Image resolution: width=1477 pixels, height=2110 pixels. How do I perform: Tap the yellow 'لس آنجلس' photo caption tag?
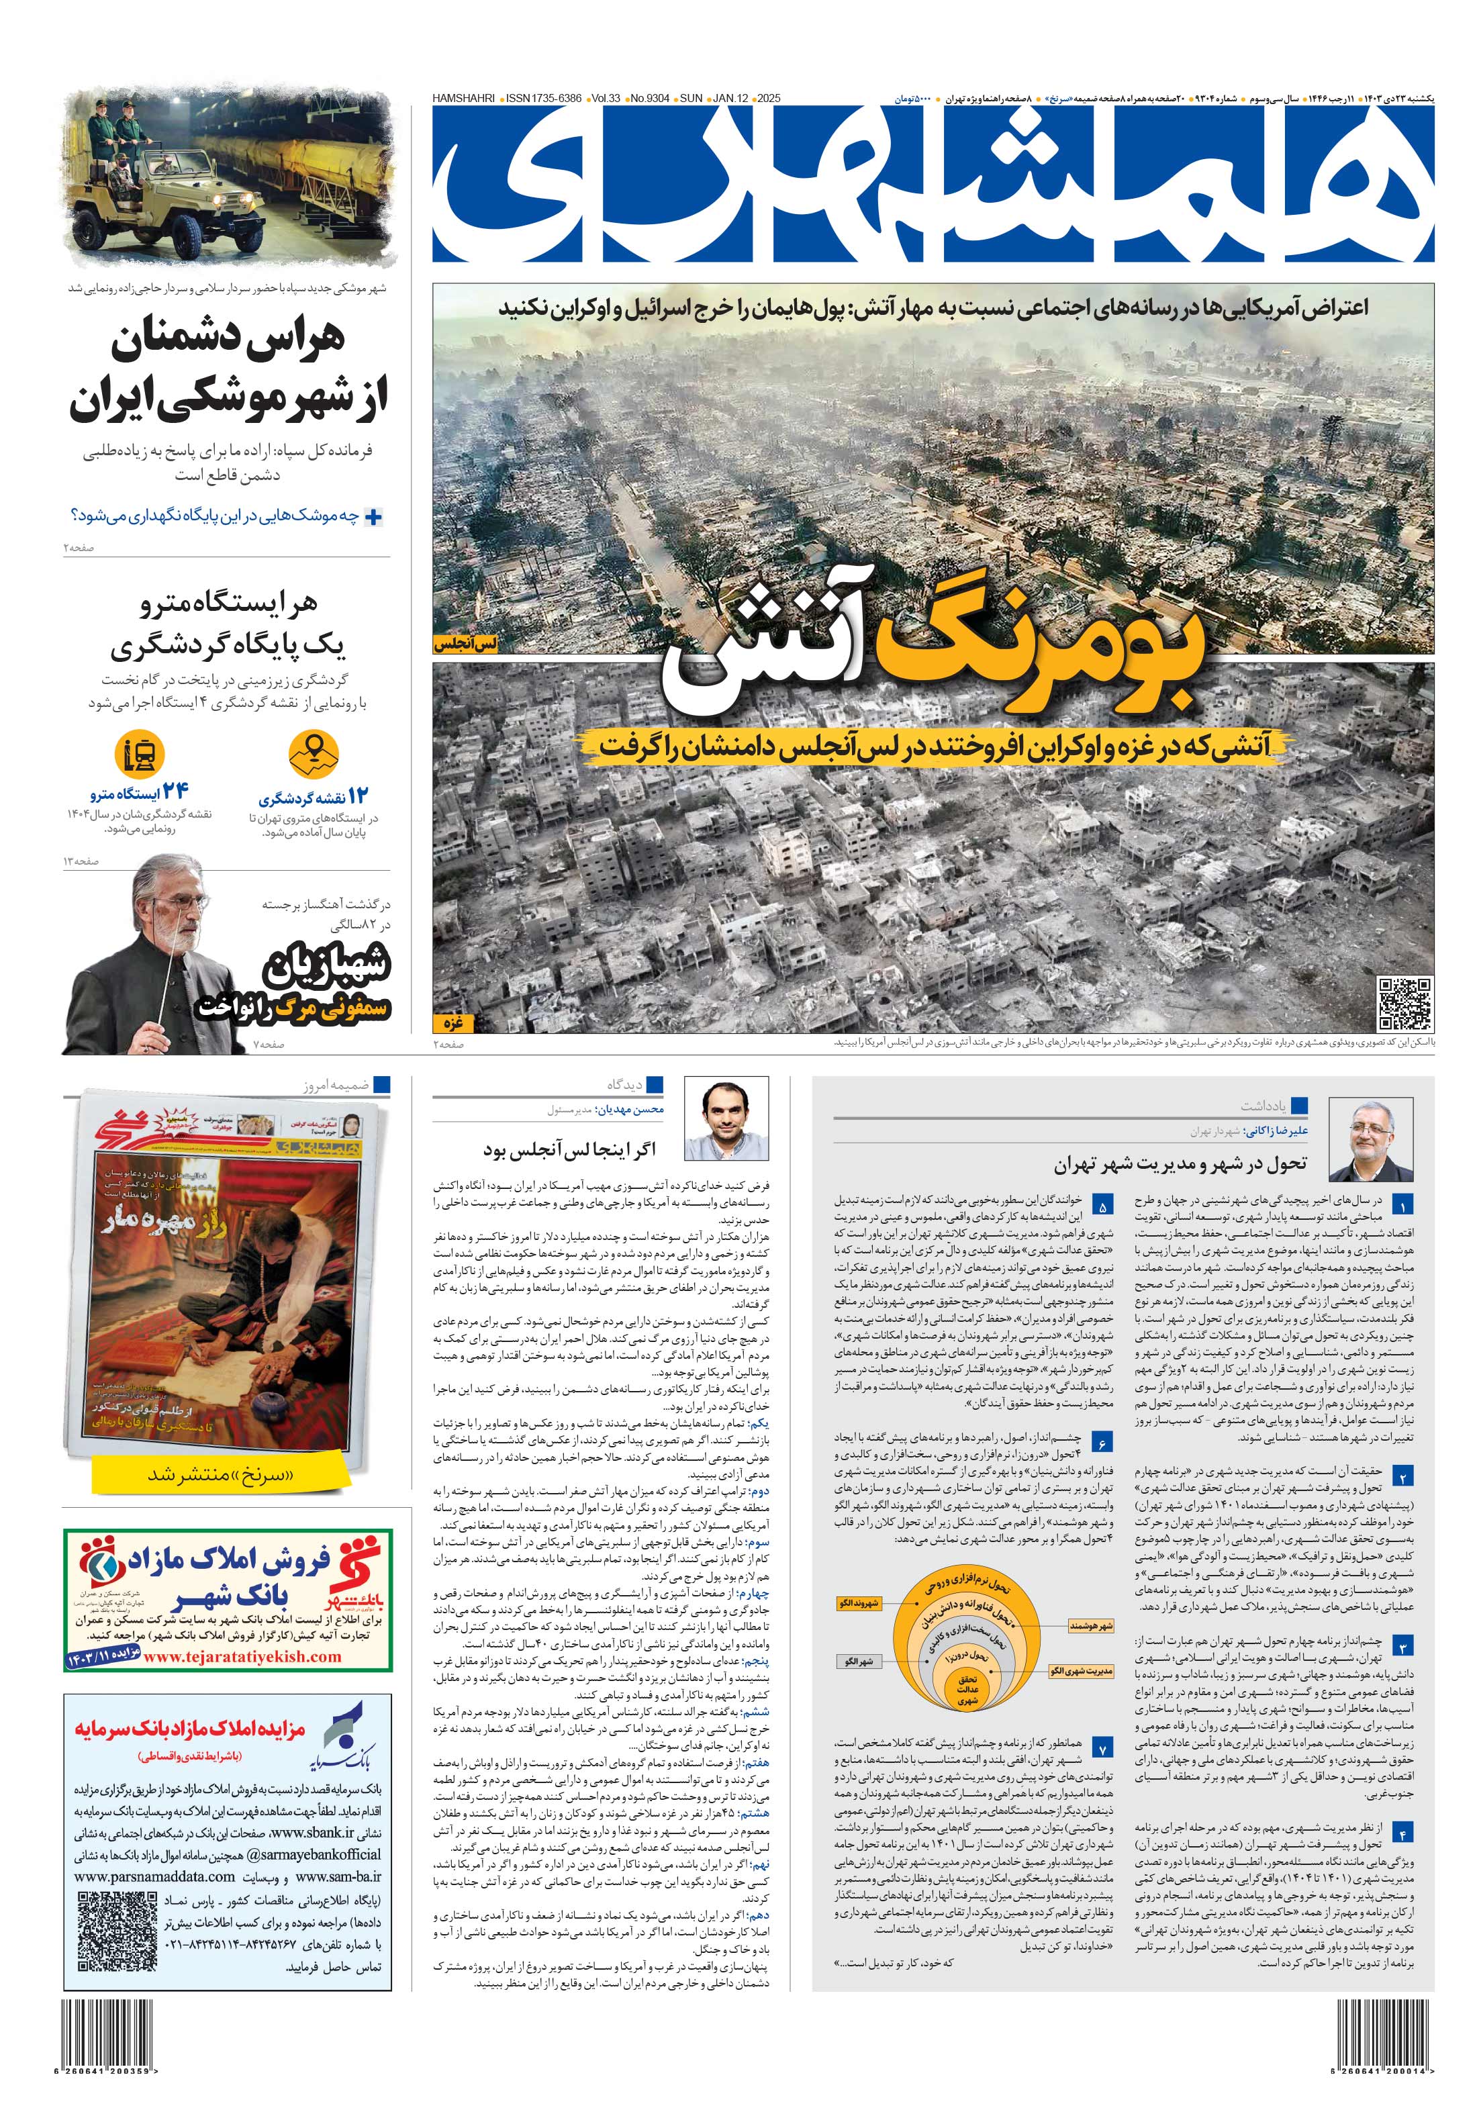466,644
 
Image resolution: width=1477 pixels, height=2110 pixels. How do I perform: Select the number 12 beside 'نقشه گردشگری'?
358,796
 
